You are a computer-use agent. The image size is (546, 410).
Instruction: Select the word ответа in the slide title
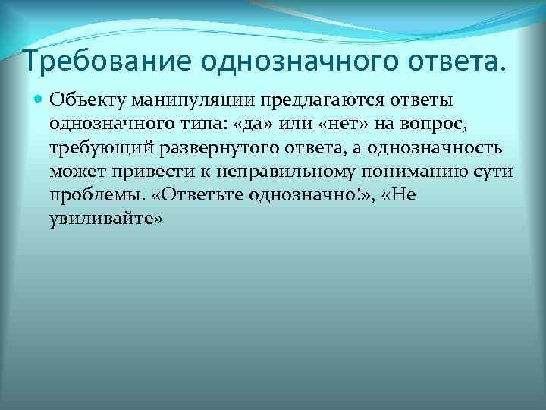point(445,61)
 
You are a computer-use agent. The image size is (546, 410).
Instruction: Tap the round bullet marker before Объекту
point(37,99)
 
